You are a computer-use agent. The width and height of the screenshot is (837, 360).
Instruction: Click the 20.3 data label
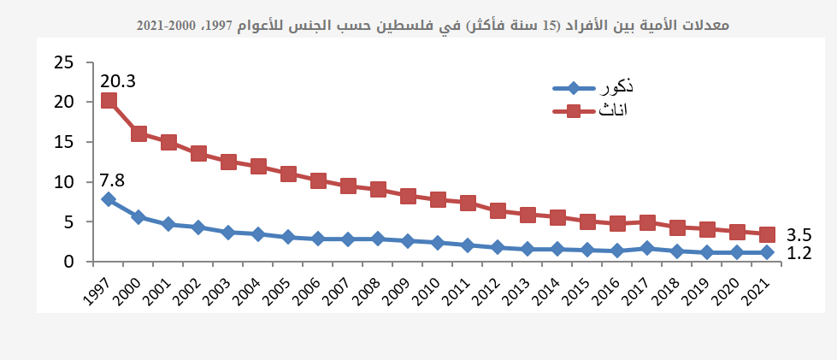tap(118, 81)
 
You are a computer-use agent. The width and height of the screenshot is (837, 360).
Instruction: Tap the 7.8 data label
tap(113, 180)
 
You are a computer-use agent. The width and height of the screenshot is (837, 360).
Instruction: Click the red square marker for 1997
tap(109, 100)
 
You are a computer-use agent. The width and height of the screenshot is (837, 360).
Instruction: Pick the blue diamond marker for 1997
tap(109, 199)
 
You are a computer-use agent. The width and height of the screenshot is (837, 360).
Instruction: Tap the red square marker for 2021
tap(767, 234)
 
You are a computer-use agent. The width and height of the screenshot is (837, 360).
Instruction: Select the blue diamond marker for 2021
tap(767, 252)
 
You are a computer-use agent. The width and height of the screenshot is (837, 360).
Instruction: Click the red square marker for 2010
tap(438, 199)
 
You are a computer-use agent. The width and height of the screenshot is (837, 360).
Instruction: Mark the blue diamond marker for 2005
tap(288, 237)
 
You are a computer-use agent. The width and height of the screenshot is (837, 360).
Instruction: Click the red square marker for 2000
tap(139, 133)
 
